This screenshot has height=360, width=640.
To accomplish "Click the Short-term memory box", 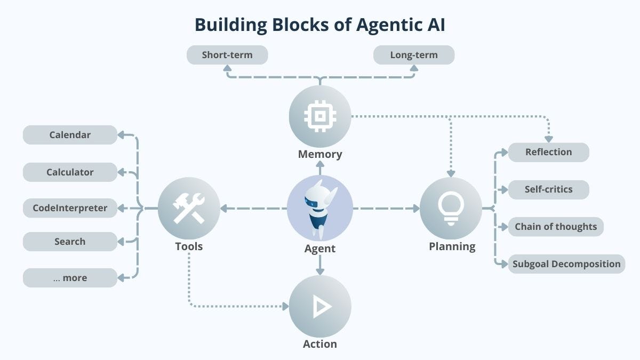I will point(227,55).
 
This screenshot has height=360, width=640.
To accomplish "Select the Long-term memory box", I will point(414,55).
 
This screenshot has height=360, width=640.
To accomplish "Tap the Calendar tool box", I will point(70,135).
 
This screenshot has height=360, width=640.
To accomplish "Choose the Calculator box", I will point(70,172).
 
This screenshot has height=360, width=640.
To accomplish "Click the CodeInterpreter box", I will point(70,208).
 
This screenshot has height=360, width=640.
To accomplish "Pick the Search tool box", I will point(70,242).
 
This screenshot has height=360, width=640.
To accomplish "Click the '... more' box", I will point(70,278).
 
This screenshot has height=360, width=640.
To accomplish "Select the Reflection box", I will point(548,152).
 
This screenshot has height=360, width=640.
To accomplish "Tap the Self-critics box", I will point(548,189).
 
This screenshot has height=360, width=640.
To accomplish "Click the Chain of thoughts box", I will point(556,227).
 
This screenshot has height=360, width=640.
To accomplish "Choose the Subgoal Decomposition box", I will point(566,264).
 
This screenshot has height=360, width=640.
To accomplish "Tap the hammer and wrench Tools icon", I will point(189,208).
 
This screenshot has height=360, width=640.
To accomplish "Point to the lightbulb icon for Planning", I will point(451,207).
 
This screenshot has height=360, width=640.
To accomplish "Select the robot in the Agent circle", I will point(320,208).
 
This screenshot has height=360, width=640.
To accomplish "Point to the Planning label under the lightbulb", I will point(452,246).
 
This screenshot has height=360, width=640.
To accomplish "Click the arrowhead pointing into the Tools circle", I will point(225,208).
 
